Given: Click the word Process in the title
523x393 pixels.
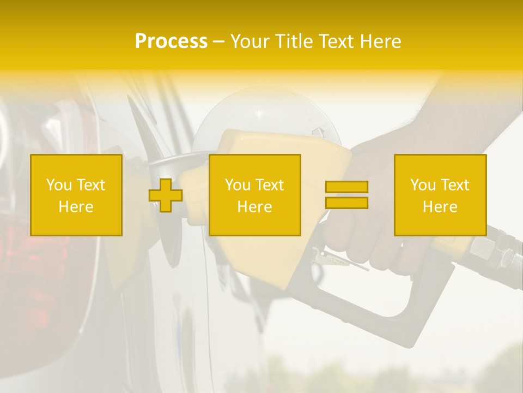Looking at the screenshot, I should click(x=171, y=41).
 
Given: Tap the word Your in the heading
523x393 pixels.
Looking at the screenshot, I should click(x=251, y=41).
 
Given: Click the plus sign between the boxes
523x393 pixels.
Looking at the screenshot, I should click(x=166, y=195).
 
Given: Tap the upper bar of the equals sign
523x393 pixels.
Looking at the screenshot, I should click(x=346, y=187).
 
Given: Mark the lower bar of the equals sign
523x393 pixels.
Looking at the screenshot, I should click(x=346, y=203).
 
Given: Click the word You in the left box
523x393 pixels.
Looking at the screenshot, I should click(x=58, y=185).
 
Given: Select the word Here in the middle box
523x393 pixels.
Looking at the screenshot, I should click(x=254, y=207).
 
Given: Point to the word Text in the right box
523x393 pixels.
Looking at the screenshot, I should click(x=455, y=185).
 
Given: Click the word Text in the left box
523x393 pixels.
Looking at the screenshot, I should click(x=91, y=185).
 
